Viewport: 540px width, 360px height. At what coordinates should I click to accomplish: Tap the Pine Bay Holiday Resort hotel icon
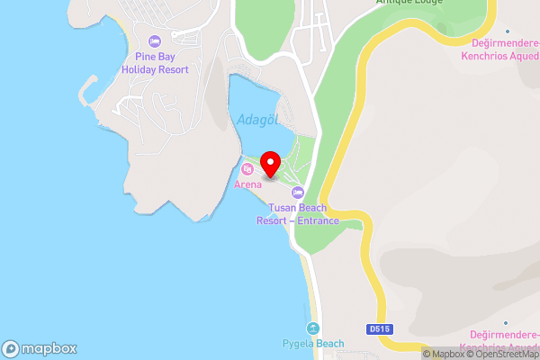coord(154,41)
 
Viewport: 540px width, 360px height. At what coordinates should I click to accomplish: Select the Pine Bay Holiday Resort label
coord(156,62)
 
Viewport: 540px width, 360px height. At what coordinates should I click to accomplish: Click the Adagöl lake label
coord(256,120)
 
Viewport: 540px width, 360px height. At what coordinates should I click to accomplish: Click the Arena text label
coord(247,184)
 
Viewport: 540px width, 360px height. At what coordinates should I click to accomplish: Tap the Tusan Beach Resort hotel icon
coord(297,192)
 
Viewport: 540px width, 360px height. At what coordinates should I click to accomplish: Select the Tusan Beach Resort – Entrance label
coord(297,214)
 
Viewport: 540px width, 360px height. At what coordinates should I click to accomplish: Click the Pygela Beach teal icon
coord(313,328)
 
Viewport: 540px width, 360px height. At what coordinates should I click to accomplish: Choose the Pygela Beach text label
coord(313,344)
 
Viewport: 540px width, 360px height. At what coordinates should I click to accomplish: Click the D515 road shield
coord(379,330)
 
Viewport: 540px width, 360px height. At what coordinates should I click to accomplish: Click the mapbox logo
coord(39,348)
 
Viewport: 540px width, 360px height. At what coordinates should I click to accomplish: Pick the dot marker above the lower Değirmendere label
coord(507,321)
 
